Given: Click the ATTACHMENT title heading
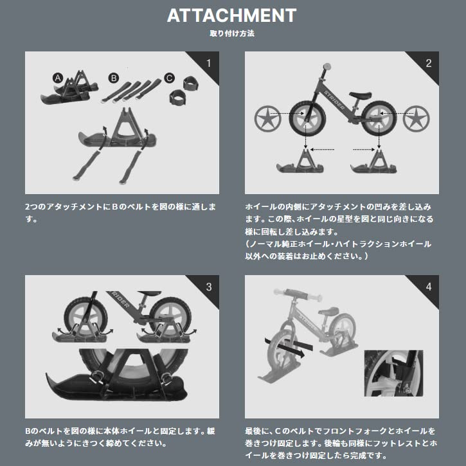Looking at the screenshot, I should point(232,16).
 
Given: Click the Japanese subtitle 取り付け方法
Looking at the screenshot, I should point(232,33).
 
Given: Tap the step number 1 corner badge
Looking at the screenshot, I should point(208,63).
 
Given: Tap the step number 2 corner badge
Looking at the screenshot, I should point(428,63).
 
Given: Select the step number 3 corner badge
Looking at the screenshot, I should point(208,286).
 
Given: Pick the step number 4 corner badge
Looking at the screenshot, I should point(428,286).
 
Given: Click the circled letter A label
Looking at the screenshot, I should point(57,78).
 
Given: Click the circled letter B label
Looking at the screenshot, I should point(113,78).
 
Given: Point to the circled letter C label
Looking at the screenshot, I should point(169,78).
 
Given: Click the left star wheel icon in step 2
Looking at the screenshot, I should point(267,119).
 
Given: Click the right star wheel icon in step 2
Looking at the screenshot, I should point(416,119).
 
